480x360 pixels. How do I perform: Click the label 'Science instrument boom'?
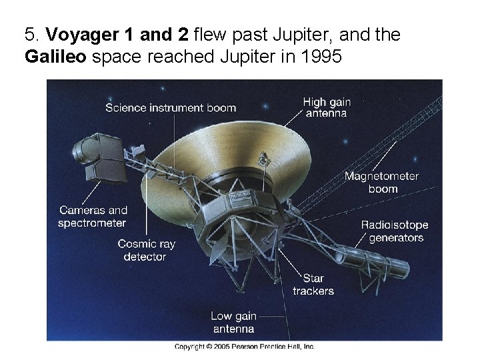pos(170,108)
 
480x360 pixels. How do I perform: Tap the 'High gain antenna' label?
pos(326,107)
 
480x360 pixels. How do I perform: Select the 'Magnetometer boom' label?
pos(381,182)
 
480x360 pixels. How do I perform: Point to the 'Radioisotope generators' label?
pos(395,231)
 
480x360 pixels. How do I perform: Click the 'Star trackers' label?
pos(313,285)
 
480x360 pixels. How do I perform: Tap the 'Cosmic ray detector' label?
pos(146,250)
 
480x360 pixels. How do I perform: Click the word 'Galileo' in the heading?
pos(56,57)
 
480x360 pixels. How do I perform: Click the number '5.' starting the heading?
pos(31,34)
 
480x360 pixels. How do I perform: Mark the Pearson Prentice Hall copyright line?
pos(244,347)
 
